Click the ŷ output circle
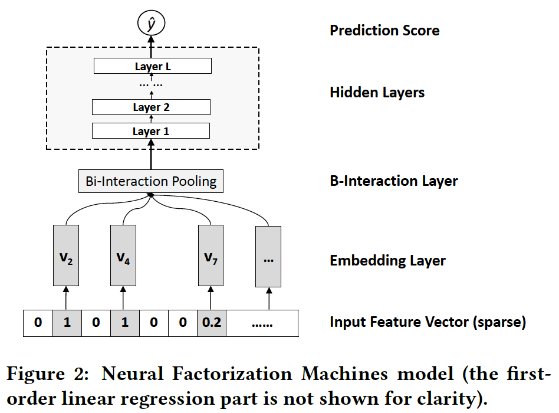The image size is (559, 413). coord(151,24)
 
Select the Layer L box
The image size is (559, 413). coord(152,66)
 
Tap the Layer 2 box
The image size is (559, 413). coord(151,107)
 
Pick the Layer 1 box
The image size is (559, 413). coord(151,131)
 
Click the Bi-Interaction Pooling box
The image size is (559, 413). coord(151,181)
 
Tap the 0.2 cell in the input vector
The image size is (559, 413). coord(211,323)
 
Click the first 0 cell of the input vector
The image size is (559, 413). coord(38,323)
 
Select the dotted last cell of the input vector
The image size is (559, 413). coord(262,323)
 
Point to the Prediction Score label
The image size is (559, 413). coord(384,31)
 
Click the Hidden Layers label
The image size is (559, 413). coord(377,93)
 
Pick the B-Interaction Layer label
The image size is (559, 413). coord(393,181)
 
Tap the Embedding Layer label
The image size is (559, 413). coord(387,260)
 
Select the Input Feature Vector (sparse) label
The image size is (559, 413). coord(428,322)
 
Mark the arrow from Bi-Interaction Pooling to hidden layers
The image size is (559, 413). coord(151,159)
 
